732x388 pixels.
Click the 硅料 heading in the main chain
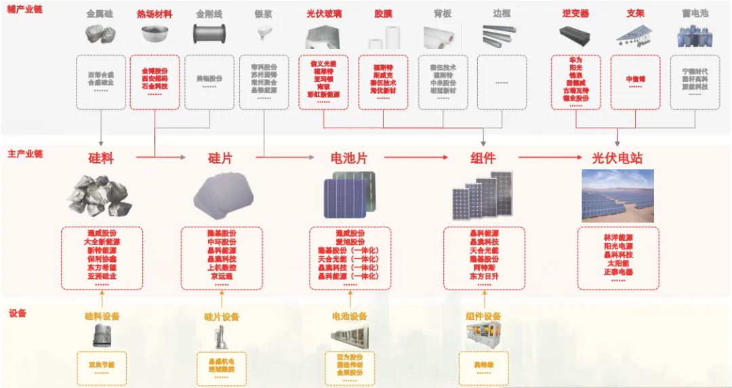point(101,159)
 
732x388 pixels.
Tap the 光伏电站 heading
point(617,159)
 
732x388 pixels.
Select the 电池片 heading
point(348,159)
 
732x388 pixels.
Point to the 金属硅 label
point(100,14)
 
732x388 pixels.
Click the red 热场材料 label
point(155,14)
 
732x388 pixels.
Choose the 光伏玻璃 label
point(324,14)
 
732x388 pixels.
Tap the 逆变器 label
point(575,14)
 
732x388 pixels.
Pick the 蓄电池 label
point(695,14)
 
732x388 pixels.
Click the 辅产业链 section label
point(25,10)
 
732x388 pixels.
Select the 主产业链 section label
point(25,154)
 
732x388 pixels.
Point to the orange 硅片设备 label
point(222,317)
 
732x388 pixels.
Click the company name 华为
point(575,60)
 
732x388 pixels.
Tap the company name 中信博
point(635,79)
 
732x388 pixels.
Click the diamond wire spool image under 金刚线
point(208,34)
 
